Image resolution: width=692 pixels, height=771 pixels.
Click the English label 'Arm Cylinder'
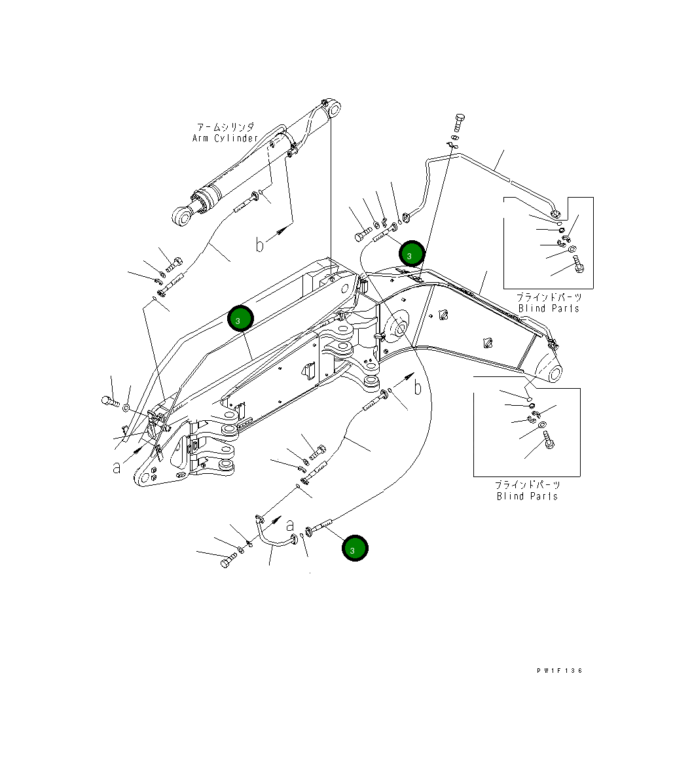[x=225, y=138]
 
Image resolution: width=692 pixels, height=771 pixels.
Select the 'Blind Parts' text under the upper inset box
[x=549, y=308]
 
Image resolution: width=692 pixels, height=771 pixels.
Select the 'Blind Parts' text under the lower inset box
[x=527, y=496]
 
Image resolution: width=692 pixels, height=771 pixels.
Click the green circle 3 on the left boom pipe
[x=240, y=319]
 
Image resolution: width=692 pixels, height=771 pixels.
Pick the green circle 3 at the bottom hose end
[x=354, y=549]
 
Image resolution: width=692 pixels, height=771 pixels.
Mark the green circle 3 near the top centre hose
[x=412, y=254]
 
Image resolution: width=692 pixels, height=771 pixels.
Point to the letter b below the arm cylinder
[x=260, y=244]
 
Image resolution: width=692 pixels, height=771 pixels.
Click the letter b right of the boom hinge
[x=418, y=387]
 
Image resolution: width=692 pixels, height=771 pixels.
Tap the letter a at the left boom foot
[x=116, y=467]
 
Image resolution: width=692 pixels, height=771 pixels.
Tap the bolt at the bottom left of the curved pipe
[x=227, y=562]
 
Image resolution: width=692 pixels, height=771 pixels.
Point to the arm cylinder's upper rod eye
[x=333, y=109]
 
